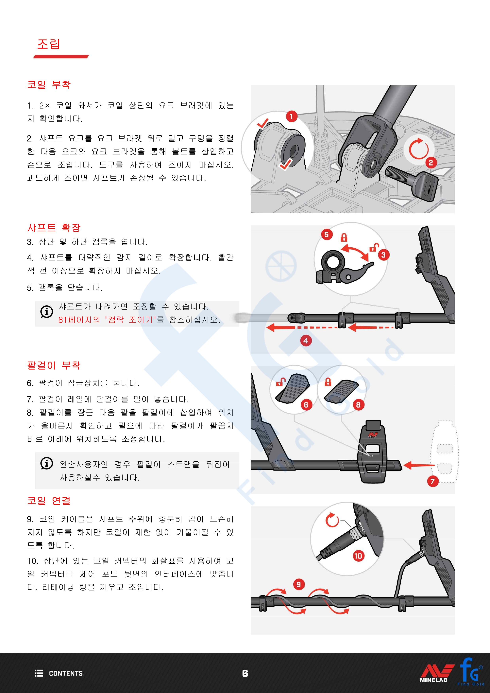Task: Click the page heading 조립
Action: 49,44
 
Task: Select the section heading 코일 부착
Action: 49,84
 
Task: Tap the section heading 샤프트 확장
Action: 54,228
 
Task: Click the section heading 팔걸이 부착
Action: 54,365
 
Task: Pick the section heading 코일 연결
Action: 49,500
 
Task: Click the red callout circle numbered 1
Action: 291,116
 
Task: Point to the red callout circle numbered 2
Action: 431,163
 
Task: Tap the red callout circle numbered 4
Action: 306,341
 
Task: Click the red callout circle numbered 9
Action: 298,585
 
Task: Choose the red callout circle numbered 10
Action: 358,556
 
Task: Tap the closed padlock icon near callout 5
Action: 344,238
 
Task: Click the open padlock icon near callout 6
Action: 281,382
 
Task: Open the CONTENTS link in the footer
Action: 59,673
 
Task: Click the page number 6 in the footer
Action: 245,673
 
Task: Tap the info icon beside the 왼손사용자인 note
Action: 46,463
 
